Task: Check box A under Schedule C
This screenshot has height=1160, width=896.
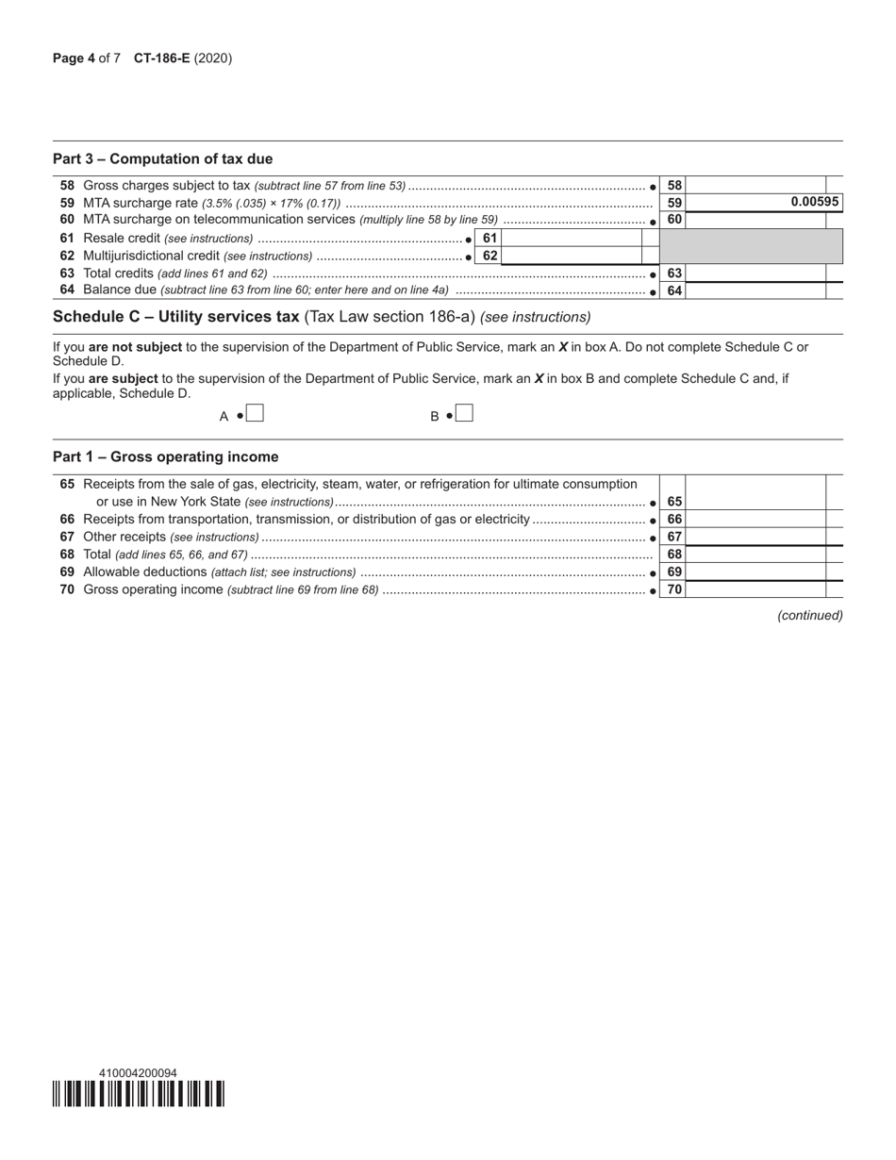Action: [255, 414]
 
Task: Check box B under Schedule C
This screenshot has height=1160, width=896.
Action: [464, 414]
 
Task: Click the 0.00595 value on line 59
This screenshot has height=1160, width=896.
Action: [815, 202]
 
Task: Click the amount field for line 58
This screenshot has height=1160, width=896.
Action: [755, 186]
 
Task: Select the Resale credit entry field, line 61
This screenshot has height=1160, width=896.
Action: [571, 239]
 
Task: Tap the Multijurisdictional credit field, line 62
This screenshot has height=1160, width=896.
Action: [571, 256]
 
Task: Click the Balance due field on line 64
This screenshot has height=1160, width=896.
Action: [755, 290]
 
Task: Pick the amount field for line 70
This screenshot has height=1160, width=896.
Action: [755, 589]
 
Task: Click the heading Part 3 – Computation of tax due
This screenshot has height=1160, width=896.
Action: [163, 158]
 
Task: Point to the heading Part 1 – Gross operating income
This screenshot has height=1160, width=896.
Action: [166, 456]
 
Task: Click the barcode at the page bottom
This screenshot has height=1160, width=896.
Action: [139, 1093]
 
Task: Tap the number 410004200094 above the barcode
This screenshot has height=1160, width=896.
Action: [138, 1072]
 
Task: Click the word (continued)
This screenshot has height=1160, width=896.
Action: [809, 615]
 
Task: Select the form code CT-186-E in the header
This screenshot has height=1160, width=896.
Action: [161, 58]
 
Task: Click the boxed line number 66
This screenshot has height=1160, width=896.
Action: [673, 520]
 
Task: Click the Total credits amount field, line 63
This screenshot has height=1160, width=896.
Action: [755, 273]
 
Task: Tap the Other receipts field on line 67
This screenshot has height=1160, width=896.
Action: [755, 537]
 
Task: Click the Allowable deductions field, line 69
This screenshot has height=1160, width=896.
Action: [755, 572]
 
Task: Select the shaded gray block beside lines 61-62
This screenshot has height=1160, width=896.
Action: [751, 247]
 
